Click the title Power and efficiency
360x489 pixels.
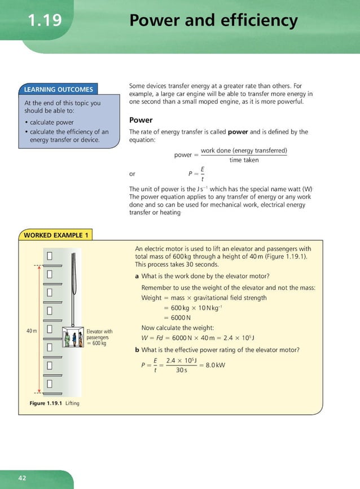[x=213, y=21]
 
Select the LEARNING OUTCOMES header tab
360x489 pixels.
[x=58, y=89]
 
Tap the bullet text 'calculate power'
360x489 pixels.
[x=51, y=122]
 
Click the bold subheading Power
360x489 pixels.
[x=141, y=120]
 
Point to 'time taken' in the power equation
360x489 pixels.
[x=244, y=160]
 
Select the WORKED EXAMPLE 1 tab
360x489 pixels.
[x=56, y=235]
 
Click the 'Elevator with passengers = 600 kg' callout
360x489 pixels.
[x=99, y=337]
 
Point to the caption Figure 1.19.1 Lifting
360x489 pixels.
[x=54, y=403]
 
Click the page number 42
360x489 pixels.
[x=22, y=478]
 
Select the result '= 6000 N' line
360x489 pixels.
[x=177, y=318]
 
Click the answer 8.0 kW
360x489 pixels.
[x=215, y=364]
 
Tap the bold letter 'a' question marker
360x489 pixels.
[x=137, y=276]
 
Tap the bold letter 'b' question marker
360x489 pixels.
[x=137, y=350]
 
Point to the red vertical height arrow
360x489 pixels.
[x=39, y=329]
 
